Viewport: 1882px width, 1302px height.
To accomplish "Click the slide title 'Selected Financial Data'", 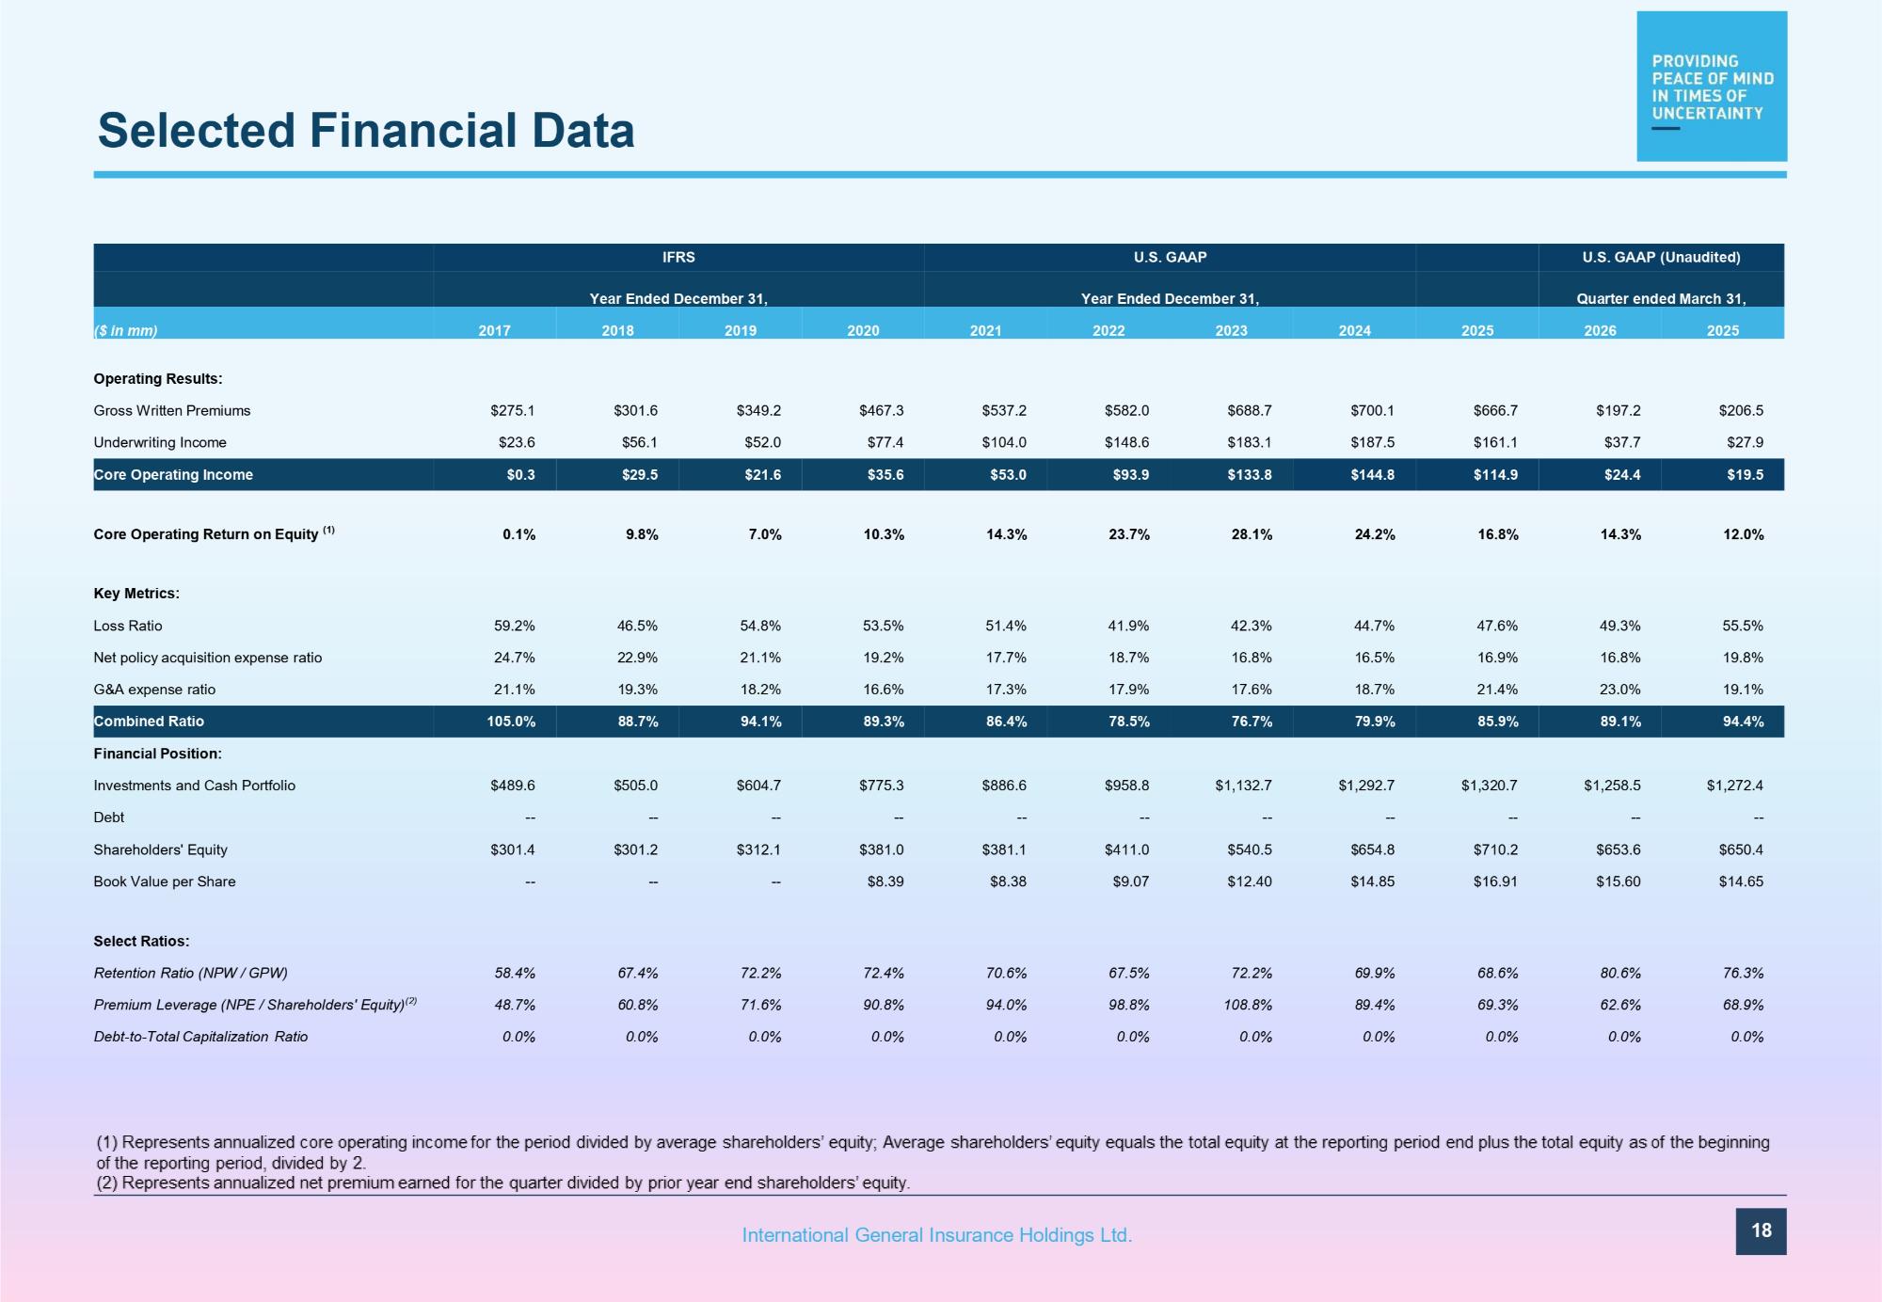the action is (366, 130).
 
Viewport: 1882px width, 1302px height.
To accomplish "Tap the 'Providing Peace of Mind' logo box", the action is (1712, 86).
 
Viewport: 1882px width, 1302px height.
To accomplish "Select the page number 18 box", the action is (1761, 1231).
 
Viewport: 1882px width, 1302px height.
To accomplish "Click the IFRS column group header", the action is (678, 257).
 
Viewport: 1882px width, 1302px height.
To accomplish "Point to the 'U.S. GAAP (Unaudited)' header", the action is (1661, 257).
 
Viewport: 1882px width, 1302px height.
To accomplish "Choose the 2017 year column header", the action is (494, 330).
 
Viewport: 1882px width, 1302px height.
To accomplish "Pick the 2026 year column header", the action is (1600, 330).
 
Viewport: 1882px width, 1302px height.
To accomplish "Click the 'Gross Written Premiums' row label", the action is (172, 410).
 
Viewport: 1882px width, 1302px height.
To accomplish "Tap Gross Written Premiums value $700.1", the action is (1372, 410).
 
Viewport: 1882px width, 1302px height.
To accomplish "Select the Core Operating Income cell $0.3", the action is (520, 474).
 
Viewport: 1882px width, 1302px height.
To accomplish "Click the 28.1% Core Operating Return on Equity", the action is (1252, 534).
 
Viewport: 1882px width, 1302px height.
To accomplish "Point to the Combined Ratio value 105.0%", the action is (512, 722).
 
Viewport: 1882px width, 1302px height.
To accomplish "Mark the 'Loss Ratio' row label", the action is (128, 626).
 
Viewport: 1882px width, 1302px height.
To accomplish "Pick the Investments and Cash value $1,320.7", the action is (1489, 786).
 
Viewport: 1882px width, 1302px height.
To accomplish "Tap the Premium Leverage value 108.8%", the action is (1248, 1005).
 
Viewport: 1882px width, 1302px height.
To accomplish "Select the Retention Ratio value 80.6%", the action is (1620, 973).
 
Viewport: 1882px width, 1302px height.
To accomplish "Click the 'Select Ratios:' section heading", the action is (141, 941).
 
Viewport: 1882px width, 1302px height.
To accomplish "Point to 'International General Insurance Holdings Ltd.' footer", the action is (937, 1235).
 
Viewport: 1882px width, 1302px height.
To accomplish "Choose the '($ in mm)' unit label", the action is (126, 330).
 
